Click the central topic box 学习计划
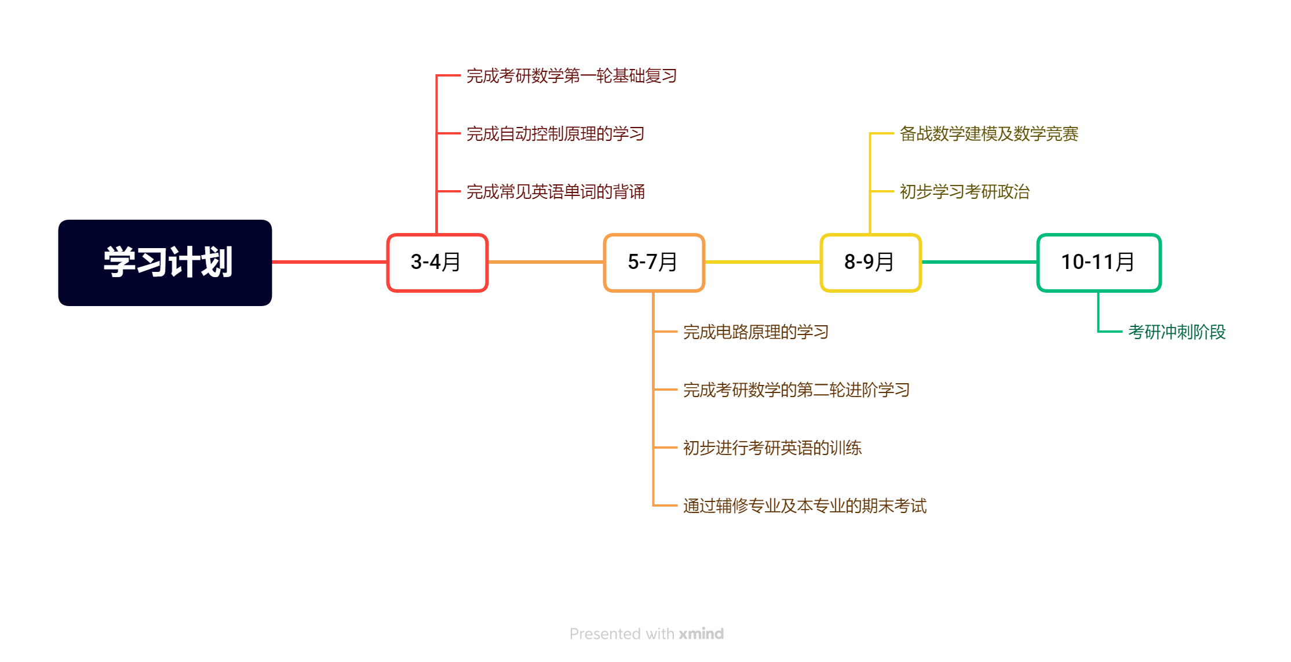[x=165, y=263]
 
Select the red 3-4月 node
[x=437, y=263]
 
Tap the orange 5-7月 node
[x=654, y=263]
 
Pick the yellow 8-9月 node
[x=870, y=263]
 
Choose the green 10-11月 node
[x=1099, y=263]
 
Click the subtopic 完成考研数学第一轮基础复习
[x=571, y=76]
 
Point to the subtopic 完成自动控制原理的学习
[x=555, y=134]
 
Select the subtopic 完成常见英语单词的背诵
[x=555, y=192]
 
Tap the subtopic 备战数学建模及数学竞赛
[x=989, y=134]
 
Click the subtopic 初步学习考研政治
[x=964, y=192]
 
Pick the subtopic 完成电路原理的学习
[x=756, y=332]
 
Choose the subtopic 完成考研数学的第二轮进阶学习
[x=796, y=390]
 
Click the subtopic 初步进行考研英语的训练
[x=772, y=448]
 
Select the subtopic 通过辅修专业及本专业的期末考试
[x=804, y=506]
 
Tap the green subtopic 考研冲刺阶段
[x=1176, y=332]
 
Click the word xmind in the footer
[x=701, y=634]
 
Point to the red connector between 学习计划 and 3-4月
[x=329, y=262]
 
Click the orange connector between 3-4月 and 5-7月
[x=546, y=262]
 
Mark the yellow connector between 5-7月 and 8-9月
[x=763, y=262]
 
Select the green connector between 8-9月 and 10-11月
[x=979, y=262]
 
